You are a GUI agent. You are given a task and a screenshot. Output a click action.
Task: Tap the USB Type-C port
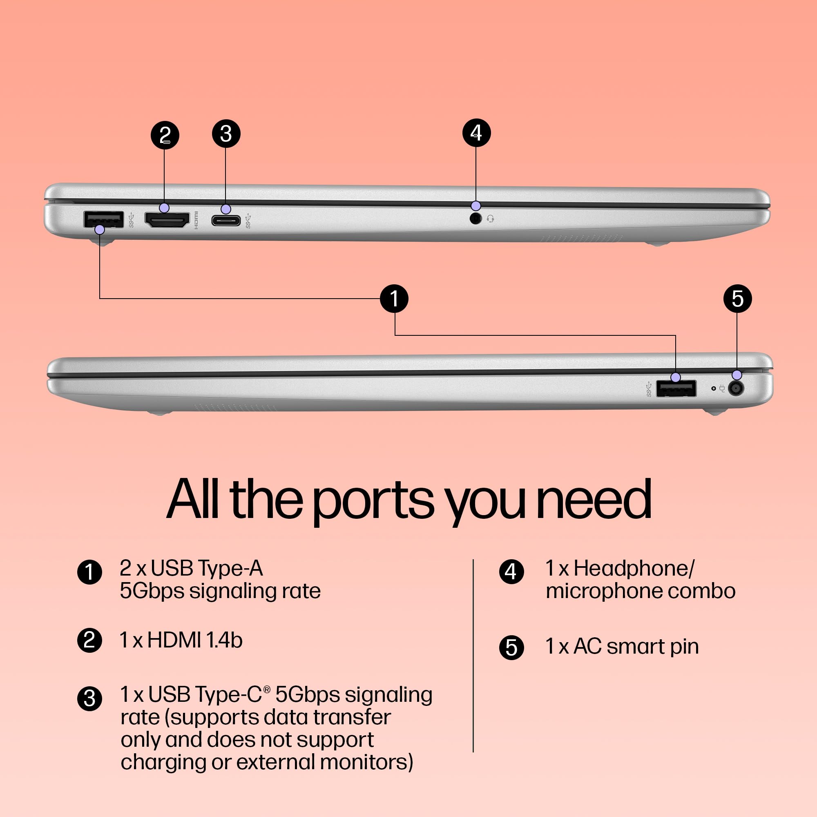click(x=226, y=220)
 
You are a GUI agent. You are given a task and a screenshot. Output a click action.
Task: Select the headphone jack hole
click(x=476, y=219)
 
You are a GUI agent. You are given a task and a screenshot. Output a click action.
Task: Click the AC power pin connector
click(x=736, y=388)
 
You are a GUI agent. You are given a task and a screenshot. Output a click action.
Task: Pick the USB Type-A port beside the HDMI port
click(x=104, y=219)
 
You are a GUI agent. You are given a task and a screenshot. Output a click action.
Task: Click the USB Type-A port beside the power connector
click(x=676, y=388)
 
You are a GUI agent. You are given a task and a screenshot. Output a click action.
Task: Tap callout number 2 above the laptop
click(x=165, y=135)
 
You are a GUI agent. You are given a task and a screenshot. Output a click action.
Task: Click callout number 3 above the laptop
click(x=226, y=134)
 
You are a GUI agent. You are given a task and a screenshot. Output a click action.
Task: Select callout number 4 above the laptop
click(x=477, y=133)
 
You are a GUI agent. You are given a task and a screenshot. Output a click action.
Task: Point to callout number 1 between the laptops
click(x=394, y=299)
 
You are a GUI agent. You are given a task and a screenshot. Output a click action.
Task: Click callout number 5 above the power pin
click(x=737, y=299)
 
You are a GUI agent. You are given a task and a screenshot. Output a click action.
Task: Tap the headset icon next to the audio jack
click(x=491, y=219)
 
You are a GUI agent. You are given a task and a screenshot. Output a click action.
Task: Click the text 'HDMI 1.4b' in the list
click(x=195, y=640)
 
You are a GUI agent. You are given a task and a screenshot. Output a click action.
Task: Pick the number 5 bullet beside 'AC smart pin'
click(x=512, y=647)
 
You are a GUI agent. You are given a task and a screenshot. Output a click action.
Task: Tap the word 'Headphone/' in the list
click(x=634, y=568)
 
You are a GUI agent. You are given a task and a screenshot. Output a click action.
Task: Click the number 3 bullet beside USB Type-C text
click(x=89, y=699)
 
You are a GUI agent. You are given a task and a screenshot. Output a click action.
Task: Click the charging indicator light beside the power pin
click(x=713, y=388)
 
